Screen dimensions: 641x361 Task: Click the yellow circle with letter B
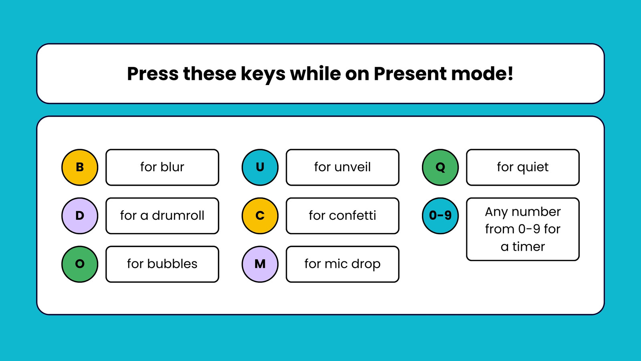[x=80, y=167]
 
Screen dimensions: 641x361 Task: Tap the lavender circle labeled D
[x=80, y=216]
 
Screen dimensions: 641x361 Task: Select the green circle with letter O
[x=80, y=264]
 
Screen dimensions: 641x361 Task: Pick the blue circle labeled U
[x=260, y=167]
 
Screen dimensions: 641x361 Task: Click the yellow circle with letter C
[x=260, y=216]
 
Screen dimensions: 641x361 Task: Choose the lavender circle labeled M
[x=260, y=264]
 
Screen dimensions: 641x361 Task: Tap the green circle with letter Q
[x=440, y=167]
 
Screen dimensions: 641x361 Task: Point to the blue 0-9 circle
[x=440, y=216]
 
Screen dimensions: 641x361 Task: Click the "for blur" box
[x=162, y=167]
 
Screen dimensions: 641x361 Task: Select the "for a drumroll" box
[x=162, y=216]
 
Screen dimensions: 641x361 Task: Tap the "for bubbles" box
[x=162, y=264]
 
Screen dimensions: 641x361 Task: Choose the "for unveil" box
[x=343, y=167]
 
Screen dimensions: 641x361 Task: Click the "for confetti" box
[x=343, y=216]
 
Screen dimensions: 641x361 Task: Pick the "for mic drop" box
[x=343, y=264]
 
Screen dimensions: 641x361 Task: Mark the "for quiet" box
[x=523, y=167]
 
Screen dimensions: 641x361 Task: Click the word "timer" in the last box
[x=528, y=247]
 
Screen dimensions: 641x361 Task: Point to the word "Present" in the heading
[x=410, y=74]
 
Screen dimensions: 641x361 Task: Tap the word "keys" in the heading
[x=263, y=75]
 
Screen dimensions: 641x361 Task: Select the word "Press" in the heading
[x=153, y=74]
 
